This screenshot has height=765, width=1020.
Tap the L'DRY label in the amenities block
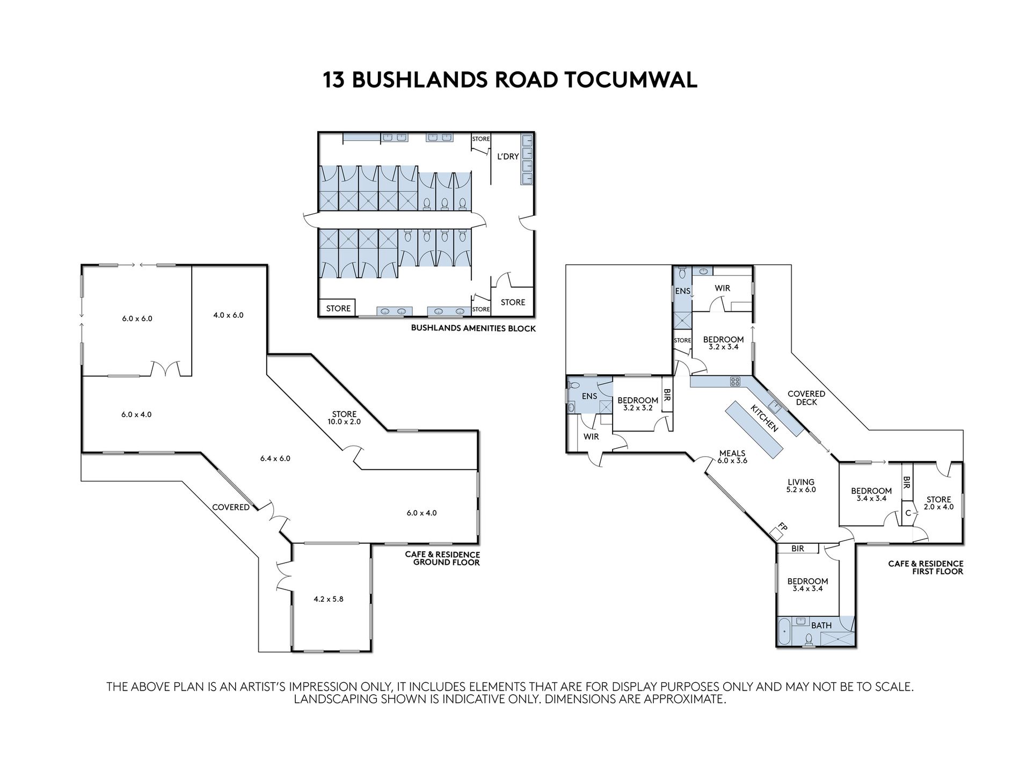pos(508,157)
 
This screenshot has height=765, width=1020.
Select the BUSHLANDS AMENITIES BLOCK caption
pos(473,328)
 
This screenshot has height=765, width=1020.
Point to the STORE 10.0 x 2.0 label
pos(344,418)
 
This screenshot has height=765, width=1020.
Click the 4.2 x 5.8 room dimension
pos(329,599)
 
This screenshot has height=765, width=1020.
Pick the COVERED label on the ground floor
pos(231,507)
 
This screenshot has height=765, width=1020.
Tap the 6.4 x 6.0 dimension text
pos(275,458)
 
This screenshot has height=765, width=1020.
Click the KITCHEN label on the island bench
pos(764,419)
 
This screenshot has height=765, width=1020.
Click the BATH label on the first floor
pos(821,625)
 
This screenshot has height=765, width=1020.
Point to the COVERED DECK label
pos(806,398)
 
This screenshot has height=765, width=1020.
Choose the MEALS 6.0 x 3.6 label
pos(732,457)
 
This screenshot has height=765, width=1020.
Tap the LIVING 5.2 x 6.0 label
pos(801,486)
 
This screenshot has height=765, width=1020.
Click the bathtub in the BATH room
pos(784,632)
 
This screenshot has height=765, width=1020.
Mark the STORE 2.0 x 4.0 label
pos(938,503)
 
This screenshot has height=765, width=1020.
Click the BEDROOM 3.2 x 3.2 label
pos(638,404)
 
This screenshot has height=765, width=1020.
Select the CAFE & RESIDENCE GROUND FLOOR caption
pos(442,558)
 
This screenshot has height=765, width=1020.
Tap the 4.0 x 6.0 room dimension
pos(228,315)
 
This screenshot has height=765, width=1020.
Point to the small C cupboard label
pos(908,513)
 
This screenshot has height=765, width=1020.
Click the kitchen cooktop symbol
pos(735,382)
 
